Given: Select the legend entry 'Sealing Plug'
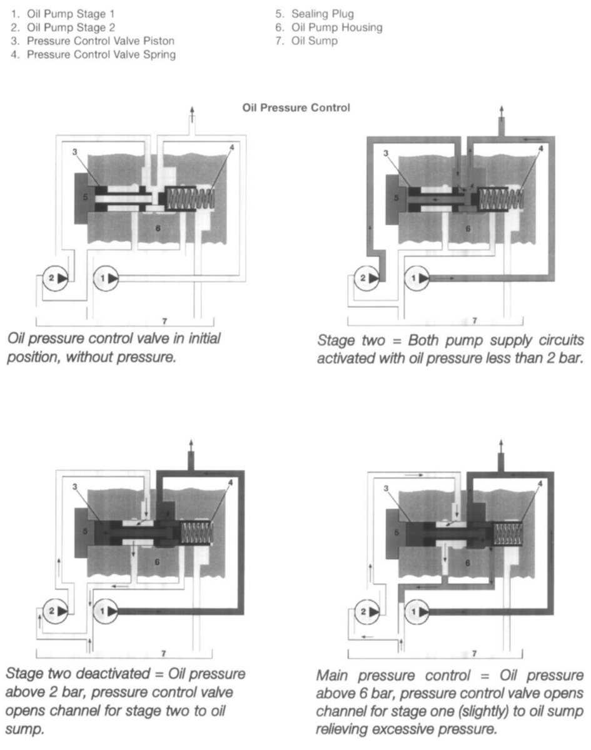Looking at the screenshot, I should coord(323,13).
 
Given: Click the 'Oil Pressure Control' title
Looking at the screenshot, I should coord(296,108).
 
